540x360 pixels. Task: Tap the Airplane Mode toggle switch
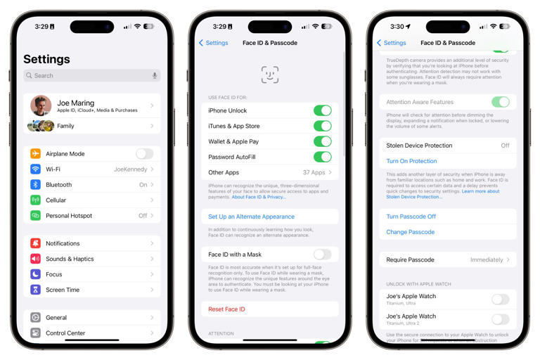[x=144, y=154]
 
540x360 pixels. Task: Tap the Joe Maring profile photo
[x=41, y=106]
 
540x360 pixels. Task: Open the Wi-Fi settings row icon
[x=35, y=169]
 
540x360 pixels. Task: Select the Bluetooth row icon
[x=35, y=185]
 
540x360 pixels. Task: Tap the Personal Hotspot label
[x=69, y=216]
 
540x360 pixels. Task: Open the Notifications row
[x=91, y=243]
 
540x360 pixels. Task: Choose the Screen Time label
[x=63, y=290]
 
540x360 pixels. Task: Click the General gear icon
[x=35, y=318]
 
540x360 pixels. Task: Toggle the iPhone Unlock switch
[x=322, y=110]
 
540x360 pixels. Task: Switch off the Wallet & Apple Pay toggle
[x=322, y=141]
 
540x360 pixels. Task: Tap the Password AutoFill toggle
[x=322, y=157]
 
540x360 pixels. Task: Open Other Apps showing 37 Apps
[x=269, y=172]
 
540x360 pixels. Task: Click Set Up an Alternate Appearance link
[x=251, y=217]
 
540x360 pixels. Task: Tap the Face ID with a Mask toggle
[x=322, y=255]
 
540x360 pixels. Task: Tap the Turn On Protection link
[x=411, y=161]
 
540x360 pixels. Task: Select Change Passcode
[x=410, y=232]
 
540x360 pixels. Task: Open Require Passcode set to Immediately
[x=447, y=259]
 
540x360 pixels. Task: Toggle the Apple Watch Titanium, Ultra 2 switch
[x=500, y=320]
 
